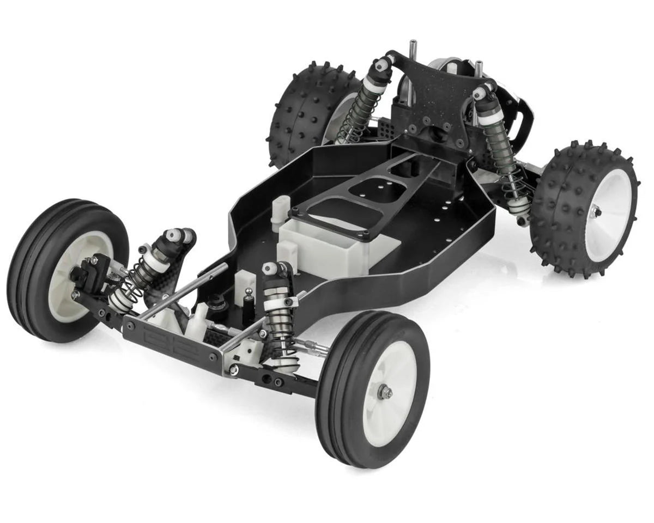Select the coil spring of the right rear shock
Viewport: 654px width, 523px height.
coord(504,158)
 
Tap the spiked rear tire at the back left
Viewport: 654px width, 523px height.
coord(305,114)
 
